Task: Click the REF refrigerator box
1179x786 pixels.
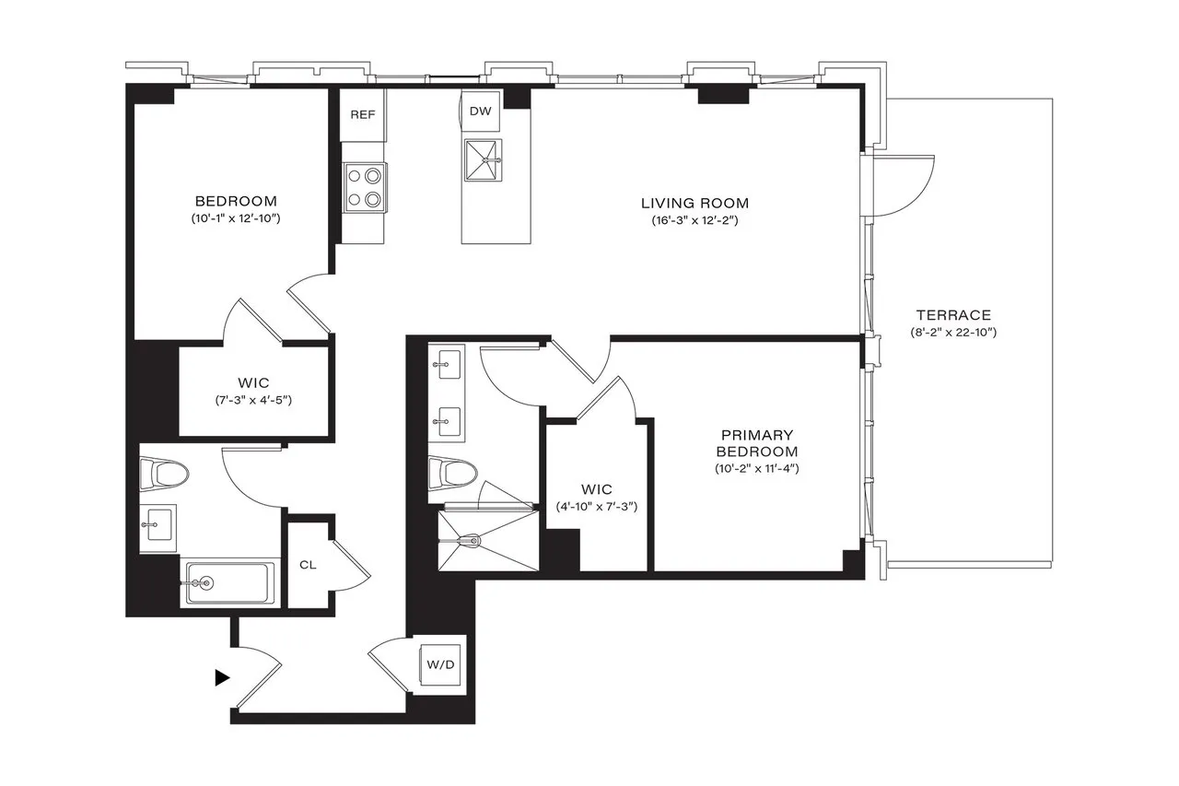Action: [x=362, y=115]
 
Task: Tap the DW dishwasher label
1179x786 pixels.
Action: [x=481, y=111]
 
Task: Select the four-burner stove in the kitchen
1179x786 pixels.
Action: [x=364, y=186]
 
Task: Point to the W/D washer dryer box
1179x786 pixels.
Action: [x=438, y=664]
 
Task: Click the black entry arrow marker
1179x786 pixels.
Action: [x=221, y=677]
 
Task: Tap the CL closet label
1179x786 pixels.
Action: [x=308, y=564]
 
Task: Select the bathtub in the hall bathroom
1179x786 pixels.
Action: [x=227, y=582]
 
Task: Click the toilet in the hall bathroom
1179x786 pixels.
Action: [x=166, y=475]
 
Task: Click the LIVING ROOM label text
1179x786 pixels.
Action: [x=695, y=203]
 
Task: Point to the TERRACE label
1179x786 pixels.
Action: [x=953, y=314]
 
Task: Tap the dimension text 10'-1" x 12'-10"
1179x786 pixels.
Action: [x=236, y=218]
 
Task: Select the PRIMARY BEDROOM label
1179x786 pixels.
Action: [x=758, y=443]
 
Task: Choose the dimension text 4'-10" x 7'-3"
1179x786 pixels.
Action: [x=597, y=507]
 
